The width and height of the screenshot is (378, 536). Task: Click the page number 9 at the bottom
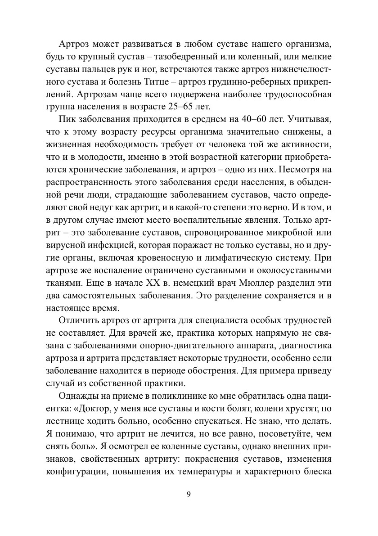coord(189,494)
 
